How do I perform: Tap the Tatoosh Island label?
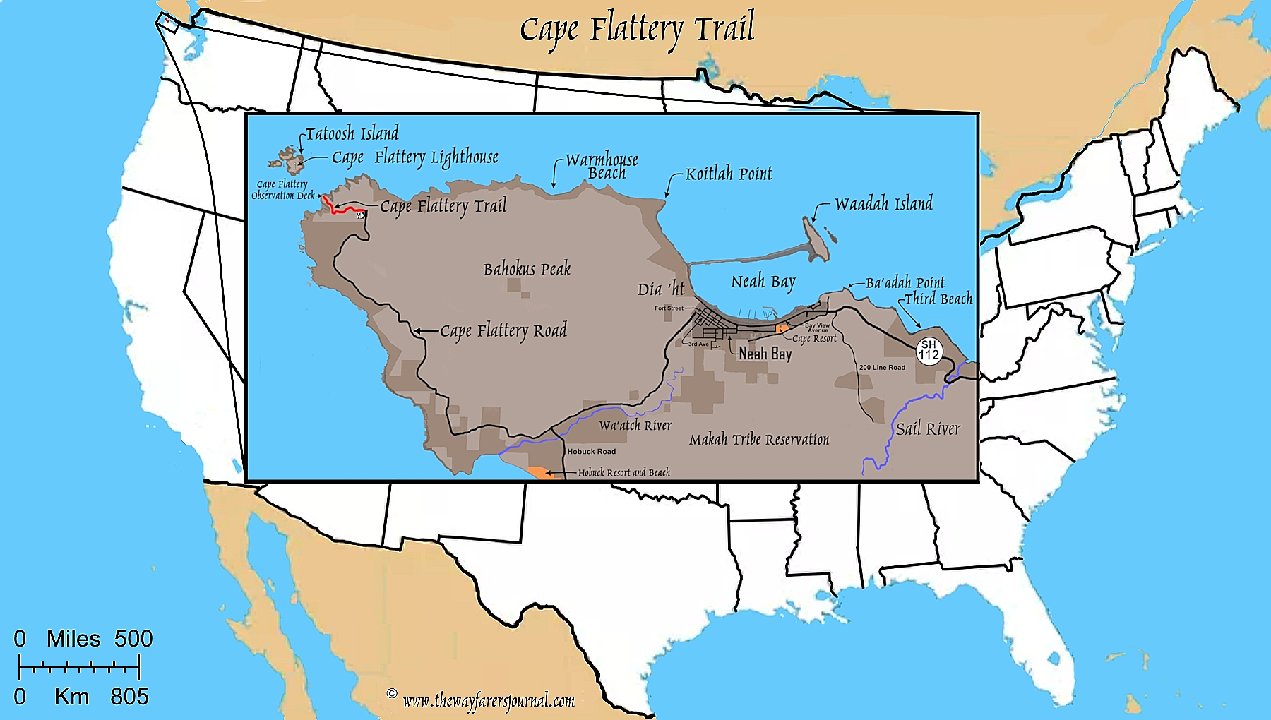pos(352,133)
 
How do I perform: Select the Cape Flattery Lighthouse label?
pos(415,157)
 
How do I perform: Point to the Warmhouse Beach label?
pos(602,167)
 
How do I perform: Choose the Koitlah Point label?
pos(729,174)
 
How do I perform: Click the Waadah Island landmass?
pos(816,239)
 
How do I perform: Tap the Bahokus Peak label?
pos(527,269)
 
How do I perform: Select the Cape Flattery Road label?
pos(503,330)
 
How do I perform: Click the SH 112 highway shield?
pos(929,350)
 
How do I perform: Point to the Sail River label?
pos(928,428)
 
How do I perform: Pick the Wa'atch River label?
pos(635,425)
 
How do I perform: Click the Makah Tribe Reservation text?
pos(759,440)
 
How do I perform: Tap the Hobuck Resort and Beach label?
pos(624,472)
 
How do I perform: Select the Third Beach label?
pos(938,299)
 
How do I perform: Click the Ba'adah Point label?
pos(905,282)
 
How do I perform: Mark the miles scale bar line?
pos(79,667)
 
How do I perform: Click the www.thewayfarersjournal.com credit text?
pos(489,700)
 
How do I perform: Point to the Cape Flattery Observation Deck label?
pos(282,190)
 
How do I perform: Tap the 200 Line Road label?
pos(882,367)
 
